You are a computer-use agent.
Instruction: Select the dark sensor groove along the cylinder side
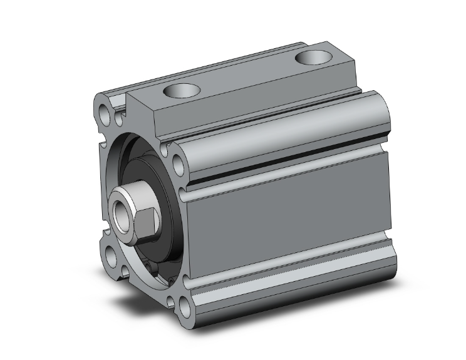click(x=288, y=164)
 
